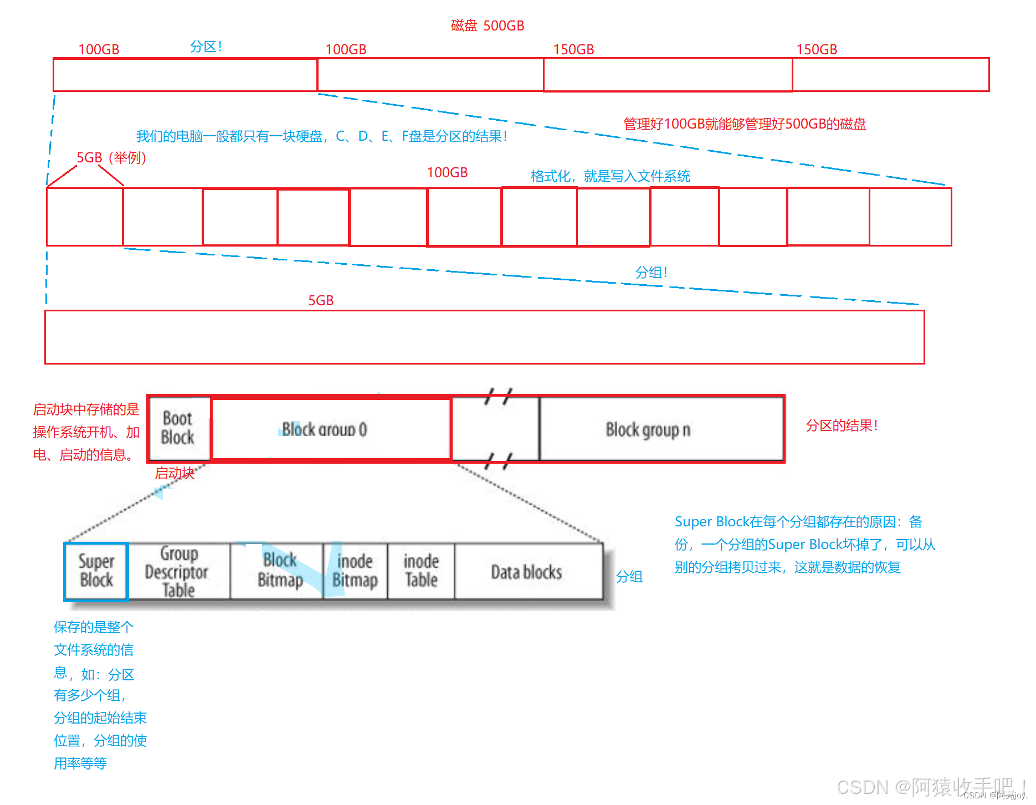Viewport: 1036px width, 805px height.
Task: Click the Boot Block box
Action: (x=178, y=428)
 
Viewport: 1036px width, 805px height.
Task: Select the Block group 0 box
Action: (x=330, y=429)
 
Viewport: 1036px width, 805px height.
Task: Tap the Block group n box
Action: (x=661, y=429)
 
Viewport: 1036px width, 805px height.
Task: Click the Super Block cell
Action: (x=96, y=571)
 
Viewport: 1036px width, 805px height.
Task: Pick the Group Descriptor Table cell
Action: (x=178, y=571)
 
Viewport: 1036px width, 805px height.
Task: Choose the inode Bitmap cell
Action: (x=355, y=571)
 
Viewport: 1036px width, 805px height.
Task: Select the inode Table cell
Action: (x=421, y=571)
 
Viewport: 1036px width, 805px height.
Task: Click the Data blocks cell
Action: (x=527, y=572)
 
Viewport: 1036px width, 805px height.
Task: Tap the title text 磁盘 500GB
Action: (x=487, y=25)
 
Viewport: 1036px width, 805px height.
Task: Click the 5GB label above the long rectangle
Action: (x=321, y=300)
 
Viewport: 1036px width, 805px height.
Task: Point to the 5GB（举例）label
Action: (x=111, y=158)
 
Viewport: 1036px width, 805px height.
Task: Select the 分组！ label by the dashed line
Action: (x=651, y=273)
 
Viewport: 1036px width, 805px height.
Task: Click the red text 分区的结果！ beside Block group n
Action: (x=842, y=425)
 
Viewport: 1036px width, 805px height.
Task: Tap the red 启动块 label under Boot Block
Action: (x=175, y=473)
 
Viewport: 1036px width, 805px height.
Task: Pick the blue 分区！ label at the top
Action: (x=206, y=47)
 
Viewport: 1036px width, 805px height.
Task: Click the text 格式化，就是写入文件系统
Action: (x=610, y=176)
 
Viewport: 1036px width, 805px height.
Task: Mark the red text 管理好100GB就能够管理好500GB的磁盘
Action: (x=745, y=124)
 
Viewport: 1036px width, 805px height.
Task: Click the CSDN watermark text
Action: (x=930, y=787)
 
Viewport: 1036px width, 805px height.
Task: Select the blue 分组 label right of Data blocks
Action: (x=629, y=577)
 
